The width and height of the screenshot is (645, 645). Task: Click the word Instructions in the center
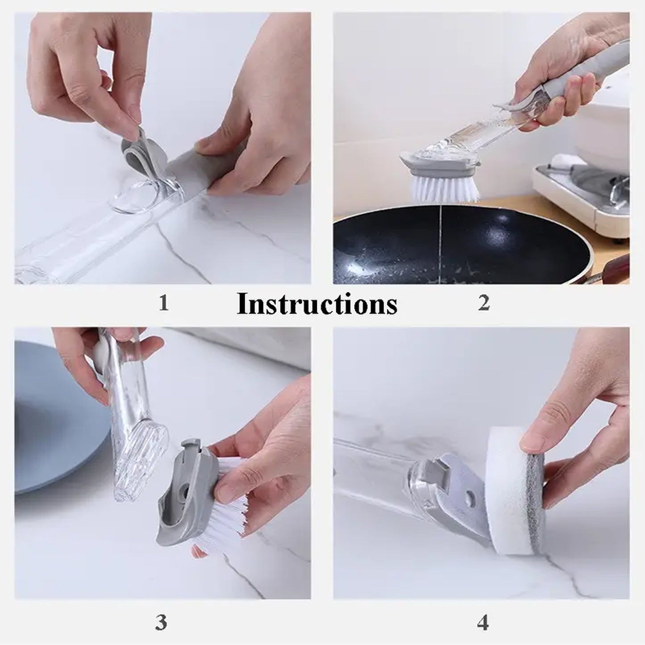click(x=316, y=304)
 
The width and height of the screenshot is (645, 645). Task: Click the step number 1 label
click(x=163, y=304)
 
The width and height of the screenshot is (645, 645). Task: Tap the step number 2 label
click(x=483, y=304)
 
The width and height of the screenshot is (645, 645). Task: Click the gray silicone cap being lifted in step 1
click(x=139, y=152)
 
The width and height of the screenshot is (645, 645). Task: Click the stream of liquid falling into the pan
click(x=440, y=232)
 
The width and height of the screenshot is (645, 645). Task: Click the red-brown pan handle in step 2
click(x=616, y=268)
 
